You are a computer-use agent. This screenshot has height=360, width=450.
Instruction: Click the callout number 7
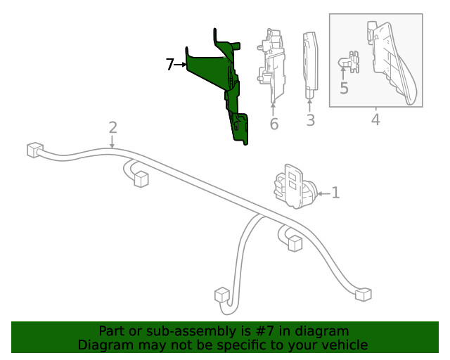[170, 64]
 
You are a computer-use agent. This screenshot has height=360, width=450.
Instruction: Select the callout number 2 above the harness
[112, 127]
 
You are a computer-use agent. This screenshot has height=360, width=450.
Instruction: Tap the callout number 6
[274, 124]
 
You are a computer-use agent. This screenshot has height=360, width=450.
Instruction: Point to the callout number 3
[311, 120]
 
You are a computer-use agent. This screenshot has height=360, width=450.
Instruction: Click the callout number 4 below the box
[375, 120]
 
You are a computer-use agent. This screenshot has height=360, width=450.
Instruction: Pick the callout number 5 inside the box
[344, 88]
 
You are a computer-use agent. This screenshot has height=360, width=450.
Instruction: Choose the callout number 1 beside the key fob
[335, 193]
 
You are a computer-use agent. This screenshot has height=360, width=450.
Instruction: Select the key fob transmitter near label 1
[293, 186]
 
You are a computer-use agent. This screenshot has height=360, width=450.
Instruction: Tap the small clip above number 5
[349, 62]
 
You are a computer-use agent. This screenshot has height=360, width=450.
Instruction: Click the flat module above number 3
[310, 65]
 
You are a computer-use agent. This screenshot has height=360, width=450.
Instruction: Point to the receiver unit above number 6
[271, 65]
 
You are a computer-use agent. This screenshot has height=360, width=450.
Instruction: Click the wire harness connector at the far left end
[35, 150]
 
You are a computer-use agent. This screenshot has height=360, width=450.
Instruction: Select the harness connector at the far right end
[364, 294]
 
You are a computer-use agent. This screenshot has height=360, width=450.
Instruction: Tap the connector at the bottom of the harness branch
[222, 295]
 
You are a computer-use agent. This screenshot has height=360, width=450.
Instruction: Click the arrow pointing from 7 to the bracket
[181, 65]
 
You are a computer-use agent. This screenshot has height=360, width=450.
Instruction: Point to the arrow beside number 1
[324, 194]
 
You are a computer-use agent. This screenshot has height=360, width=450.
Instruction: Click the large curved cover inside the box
[393, 63]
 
